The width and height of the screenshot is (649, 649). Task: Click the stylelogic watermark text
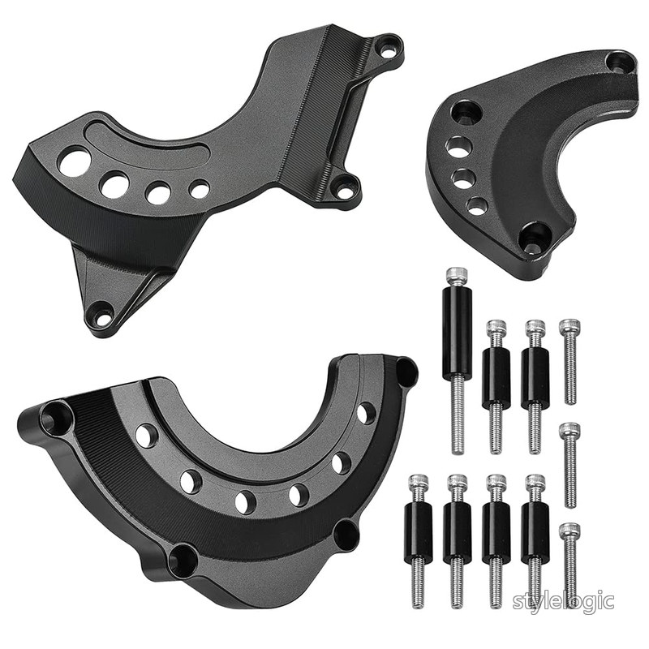(x=563, y=601)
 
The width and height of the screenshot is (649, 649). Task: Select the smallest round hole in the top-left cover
(x=199, y=188)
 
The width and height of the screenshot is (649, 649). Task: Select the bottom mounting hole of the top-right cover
(x=532, y=239)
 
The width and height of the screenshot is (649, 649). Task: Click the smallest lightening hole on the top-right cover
(x=477, y=205)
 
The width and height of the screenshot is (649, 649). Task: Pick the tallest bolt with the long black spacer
(x=457, y=360)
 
